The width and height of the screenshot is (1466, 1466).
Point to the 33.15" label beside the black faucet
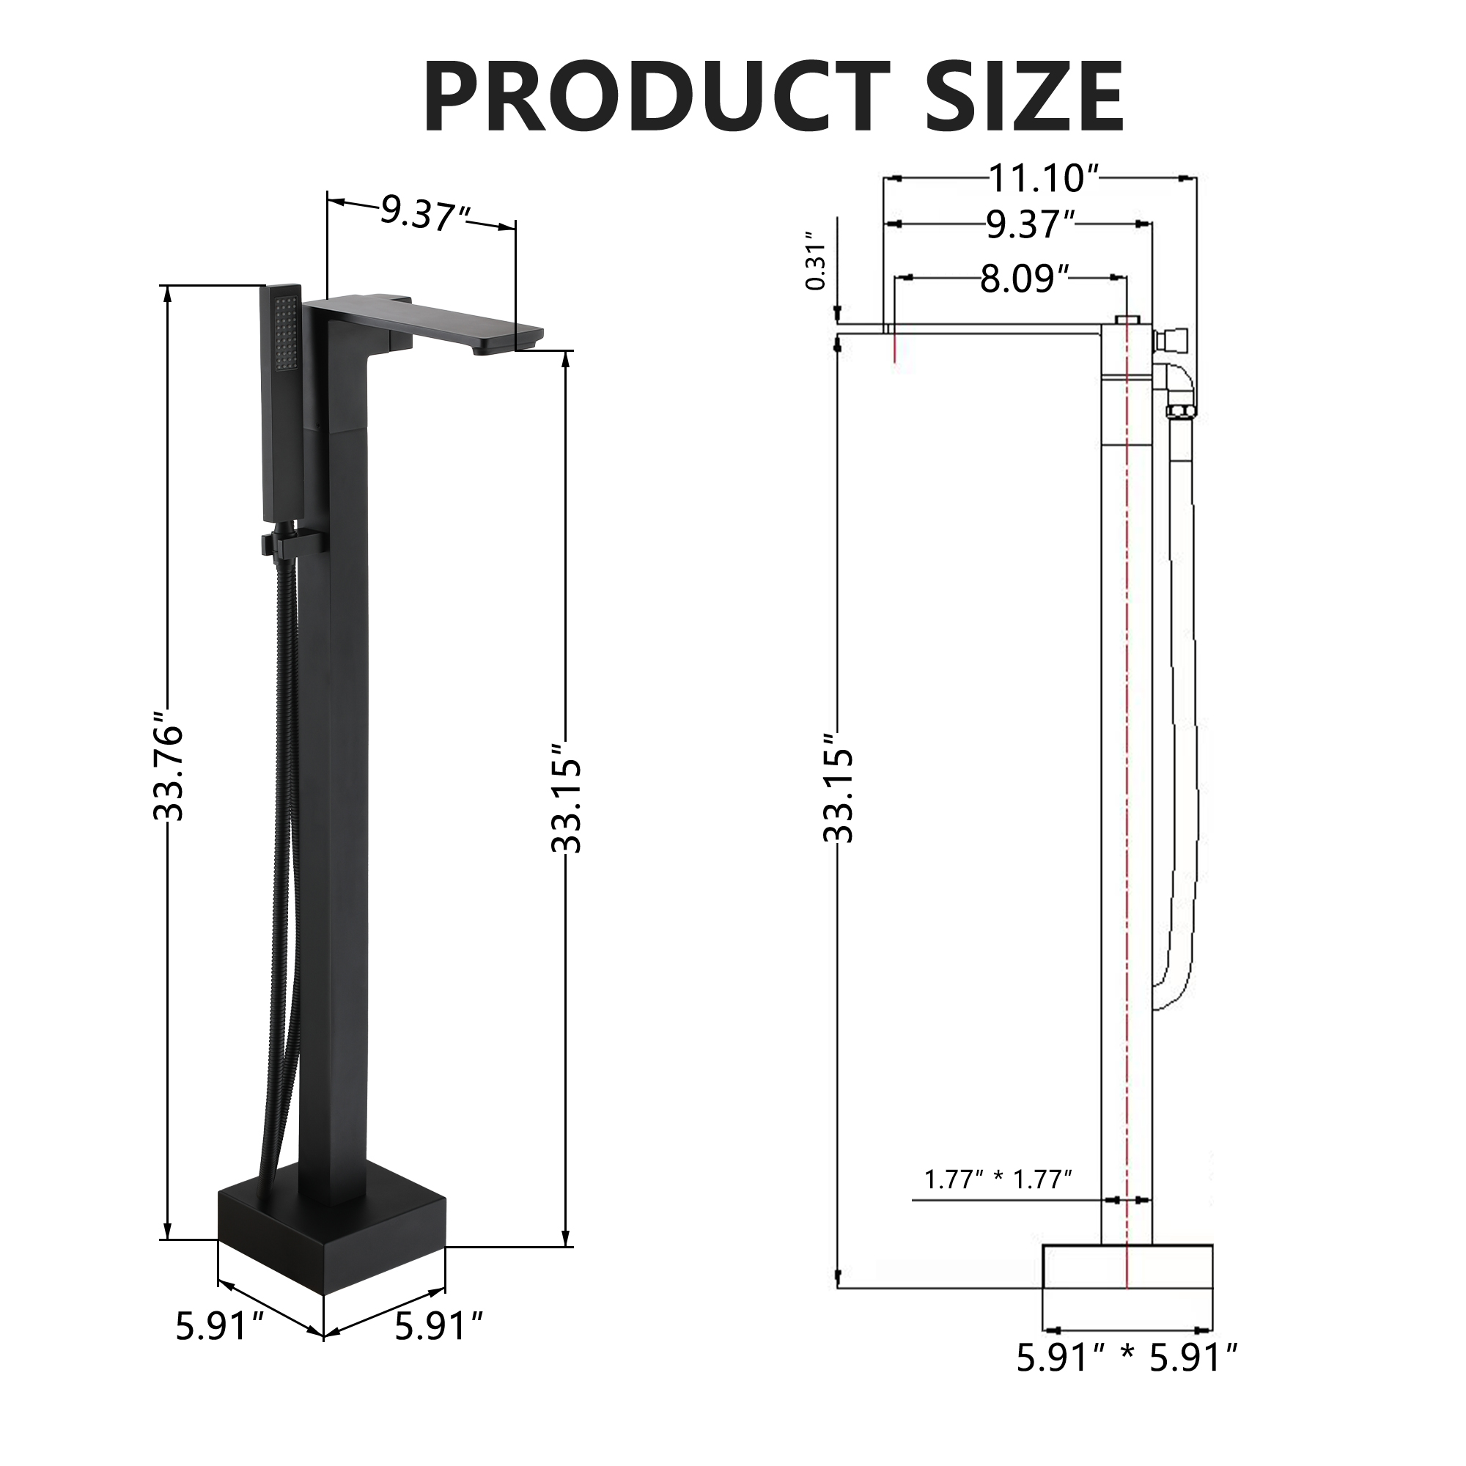point(567,797)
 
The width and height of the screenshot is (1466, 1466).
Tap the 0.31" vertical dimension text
point(817,262)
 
